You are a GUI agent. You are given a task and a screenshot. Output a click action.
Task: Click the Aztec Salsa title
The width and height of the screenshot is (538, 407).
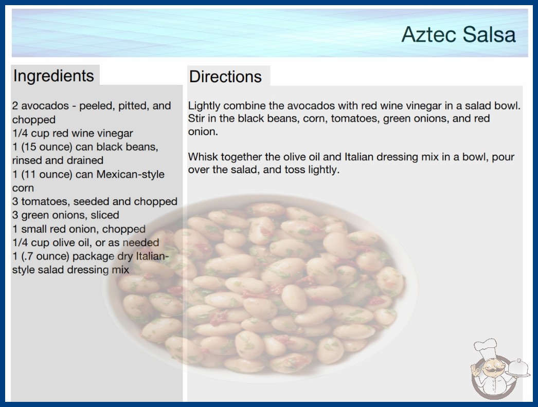[458, 34]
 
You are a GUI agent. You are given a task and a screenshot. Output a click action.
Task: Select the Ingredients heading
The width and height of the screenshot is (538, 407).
[53, 76]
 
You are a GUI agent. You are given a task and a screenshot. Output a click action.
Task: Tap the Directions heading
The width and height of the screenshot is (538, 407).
[225, 77]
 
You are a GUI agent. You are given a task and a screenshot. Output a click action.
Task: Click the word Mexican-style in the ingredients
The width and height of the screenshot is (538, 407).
[130, 174]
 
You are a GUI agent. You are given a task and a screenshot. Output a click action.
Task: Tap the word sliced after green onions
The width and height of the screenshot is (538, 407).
[105, 215]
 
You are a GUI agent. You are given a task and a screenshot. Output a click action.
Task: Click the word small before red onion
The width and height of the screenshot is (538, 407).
[33, 229]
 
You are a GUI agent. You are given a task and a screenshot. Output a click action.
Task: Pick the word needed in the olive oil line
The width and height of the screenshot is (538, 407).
[141, 243]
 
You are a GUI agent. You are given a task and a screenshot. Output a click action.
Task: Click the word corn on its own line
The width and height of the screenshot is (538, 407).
[23, 188]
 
